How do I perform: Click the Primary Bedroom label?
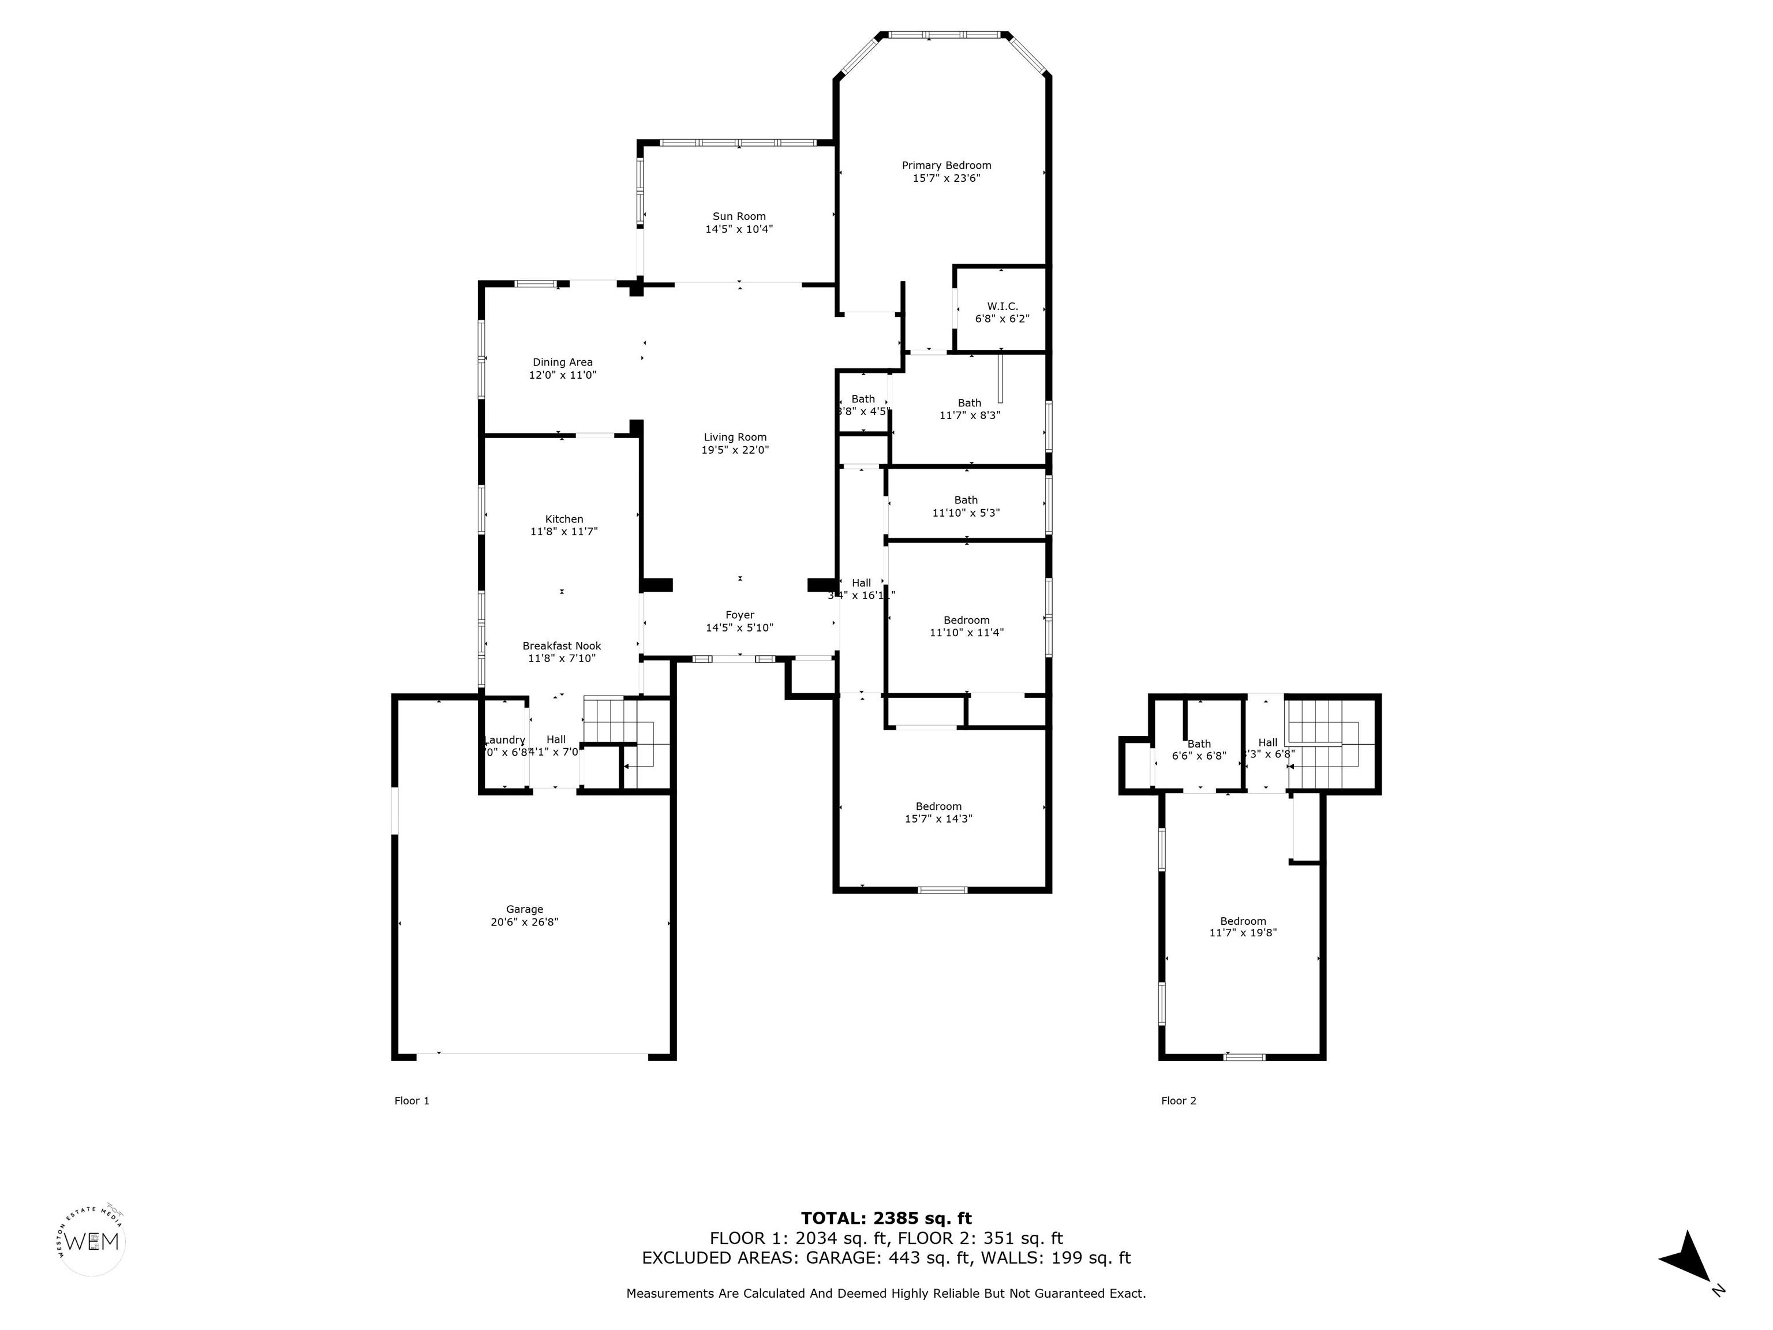coord(946,166)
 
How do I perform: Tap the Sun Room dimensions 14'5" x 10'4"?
coord(738,229)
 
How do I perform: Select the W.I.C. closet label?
coord(1002,307)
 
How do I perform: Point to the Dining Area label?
coord(562,363)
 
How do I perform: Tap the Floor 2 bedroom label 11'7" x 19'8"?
coord(1243,926)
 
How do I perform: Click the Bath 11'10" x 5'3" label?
coord(966,506)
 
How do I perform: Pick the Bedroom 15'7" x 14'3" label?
coord(938,812)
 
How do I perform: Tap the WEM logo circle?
coord(92,1242)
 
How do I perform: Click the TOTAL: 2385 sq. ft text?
coord(886,1219)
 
